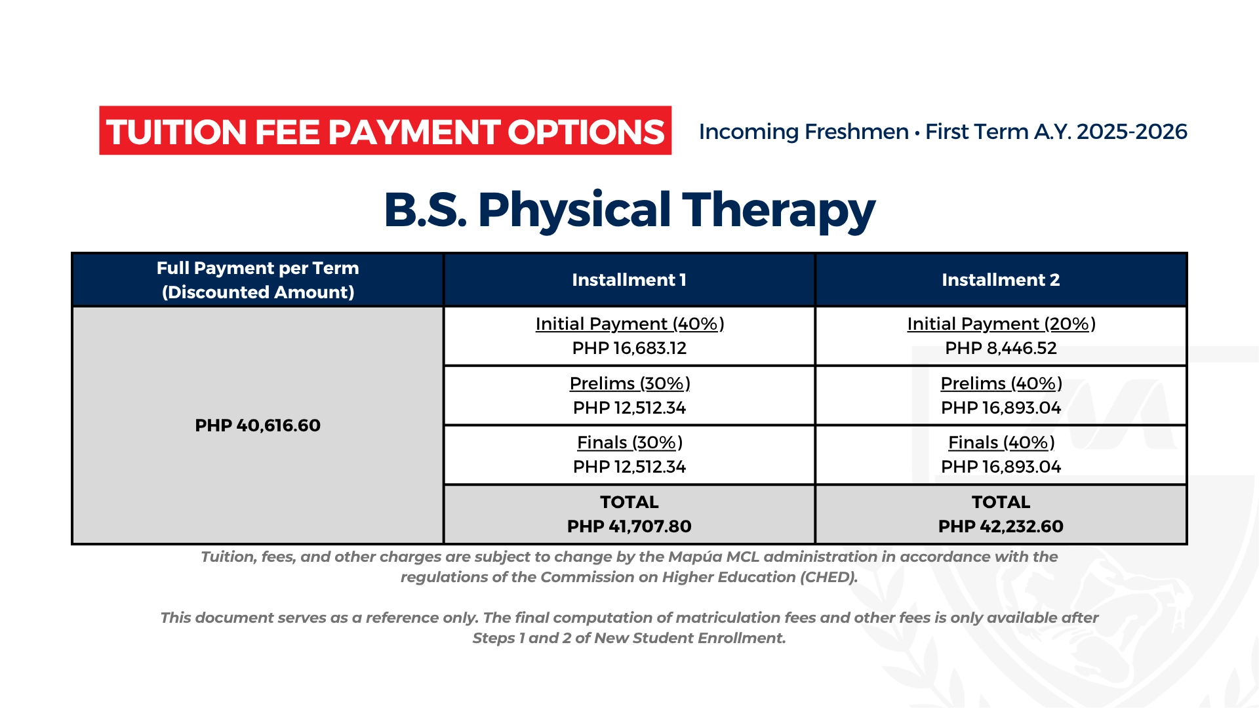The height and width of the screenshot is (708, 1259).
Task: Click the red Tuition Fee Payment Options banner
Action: [386, 130]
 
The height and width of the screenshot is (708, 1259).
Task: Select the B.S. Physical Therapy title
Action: [629, 210]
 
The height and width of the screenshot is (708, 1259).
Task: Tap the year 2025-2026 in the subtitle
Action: [1132, 132]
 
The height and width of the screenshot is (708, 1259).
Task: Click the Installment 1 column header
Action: [629, 280]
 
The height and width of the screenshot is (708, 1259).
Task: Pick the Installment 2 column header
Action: [1001, 280]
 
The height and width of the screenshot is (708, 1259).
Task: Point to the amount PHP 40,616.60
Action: [258, 425]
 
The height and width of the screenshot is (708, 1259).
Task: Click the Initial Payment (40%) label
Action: [629, 324]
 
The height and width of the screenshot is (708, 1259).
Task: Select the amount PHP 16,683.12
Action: [629, 348]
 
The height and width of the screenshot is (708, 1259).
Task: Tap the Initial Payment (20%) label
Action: [1001, 324]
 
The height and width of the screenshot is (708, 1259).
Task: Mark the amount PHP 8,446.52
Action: [1001, 348]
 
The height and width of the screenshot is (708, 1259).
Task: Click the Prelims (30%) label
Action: [629, 383]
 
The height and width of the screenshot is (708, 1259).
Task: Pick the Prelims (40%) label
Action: [1001, 383]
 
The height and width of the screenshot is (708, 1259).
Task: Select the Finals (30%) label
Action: [629, 442]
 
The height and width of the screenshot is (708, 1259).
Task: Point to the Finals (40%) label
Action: [1001, 442]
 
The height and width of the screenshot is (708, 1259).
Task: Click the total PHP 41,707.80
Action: [629, 526]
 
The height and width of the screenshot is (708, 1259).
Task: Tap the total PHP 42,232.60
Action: [1001, 526]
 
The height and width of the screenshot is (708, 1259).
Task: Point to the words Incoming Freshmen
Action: [804, 132]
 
